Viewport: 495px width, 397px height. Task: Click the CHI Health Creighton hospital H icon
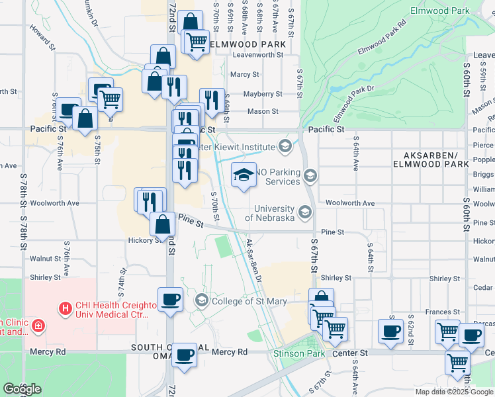click(65, 308)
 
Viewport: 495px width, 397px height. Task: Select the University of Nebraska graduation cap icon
click(305, 212)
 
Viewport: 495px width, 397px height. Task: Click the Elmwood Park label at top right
click(439, 11)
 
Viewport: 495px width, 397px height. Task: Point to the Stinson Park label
click(299, 353)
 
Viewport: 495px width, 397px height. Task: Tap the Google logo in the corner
click(22, 389)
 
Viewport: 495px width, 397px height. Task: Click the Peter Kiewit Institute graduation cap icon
click(285, 146)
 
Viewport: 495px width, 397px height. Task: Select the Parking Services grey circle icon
click(310, 175)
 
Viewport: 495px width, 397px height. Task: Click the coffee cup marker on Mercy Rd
click(184, 354)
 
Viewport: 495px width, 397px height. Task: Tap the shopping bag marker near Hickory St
click(162, 224)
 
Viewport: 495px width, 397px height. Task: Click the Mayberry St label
click(263, 94)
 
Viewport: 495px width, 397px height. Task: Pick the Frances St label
click(443, 312)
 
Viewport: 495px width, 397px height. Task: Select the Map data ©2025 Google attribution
click(453, 391)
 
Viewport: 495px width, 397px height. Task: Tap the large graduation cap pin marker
click(244, 175)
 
